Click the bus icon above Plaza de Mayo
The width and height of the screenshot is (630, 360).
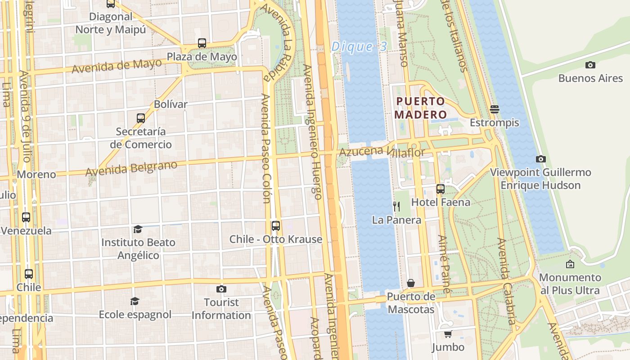coord(202,43)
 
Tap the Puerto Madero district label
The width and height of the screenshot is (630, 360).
coord(420,108)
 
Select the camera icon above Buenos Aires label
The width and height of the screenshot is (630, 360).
coord(590,65)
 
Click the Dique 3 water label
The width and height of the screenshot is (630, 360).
coord(359,47)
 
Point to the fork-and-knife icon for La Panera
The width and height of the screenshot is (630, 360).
coord(396,207)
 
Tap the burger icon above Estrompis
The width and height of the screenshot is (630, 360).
coord(495,109)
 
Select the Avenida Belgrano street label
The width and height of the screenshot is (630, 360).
coord(131,168)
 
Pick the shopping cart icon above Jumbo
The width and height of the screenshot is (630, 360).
coord(448,334)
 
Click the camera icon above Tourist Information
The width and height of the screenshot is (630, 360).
coord(221,289)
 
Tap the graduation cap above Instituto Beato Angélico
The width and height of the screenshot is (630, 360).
coord(138,229)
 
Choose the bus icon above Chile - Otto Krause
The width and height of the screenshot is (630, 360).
coord(276,226)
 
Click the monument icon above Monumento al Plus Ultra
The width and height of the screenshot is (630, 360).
coord(570,264)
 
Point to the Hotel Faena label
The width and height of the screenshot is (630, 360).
coord(441,202)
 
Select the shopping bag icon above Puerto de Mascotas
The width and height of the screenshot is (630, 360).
coord(411,283)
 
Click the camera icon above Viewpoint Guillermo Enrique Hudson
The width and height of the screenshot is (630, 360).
coord(541,159)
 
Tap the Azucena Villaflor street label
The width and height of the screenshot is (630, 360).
coord(382,152)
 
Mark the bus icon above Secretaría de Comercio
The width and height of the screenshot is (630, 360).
coord(141,118)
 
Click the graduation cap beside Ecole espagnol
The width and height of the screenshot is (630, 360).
coord(135,301)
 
